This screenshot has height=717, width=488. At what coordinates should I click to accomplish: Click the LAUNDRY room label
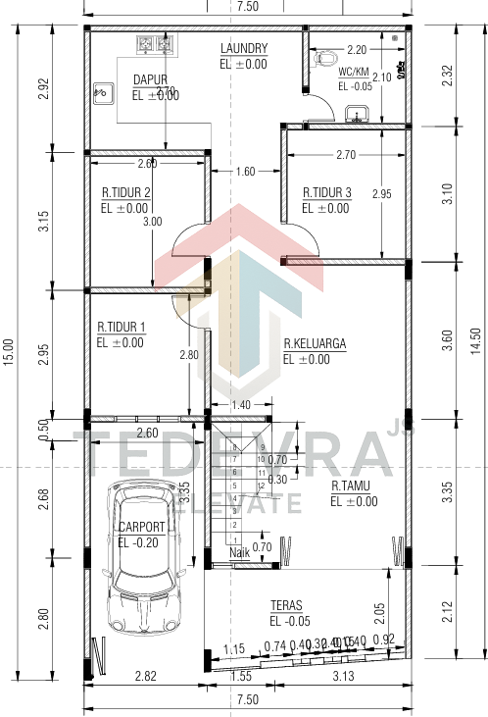(244, 48)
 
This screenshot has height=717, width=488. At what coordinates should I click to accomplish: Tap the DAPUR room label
(150, 80)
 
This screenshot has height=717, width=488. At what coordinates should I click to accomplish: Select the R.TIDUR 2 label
(125, 192)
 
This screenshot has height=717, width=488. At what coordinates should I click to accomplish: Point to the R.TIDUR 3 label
(326, 192)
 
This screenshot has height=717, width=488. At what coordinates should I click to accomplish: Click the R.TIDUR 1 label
(121, 327)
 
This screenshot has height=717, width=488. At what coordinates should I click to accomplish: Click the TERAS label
(286, 605)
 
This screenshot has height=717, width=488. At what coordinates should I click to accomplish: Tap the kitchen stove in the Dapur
(155, 43)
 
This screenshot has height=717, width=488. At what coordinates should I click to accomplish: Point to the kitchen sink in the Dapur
(102, 94)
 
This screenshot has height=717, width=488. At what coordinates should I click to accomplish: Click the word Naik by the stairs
(240, 553)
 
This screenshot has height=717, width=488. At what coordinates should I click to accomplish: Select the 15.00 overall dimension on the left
(9, 351)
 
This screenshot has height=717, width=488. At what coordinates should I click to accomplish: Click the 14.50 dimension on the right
(477, 351)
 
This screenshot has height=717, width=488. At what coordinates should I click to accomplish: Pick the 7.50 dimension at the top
(247, 7)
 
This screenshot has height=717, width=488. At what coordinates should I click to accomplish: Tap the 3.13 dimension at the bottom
(344, 677)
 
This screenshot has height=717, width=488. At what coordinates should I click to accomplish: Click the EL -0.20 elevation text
(136, 542)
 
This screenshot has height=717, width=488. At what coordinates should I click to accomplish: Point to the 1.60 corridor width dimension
(245, 172)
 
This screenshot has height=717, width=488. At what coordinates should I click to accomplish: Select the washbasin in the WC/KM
(358, 116)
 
